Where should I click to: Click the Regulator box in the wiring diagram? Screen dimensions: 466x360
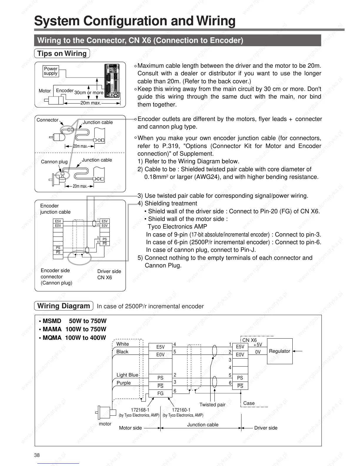(x=279, y=351)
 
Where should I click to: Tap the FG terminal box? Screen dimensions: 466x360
(x=160, y=393)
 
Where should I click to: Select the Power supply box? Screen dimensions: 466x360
(x=51, y=71)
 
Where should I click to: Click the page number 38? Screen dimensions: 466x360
(x=37, y=455)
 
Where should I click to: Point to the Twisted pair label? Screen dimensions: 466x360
(x=212, y=405)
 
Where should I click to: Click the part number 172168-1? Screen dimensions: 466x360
(x=140, y=410)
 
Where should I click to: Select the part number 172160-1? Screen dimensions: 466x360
(x=181, y=410)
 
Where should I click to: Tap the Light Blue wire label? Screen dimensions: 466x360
(x=127, y=375)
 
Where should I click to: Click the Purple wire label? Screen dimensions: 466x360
(x=124, y=383)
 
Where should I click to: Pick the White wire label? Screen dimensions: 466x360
(x=123, y=344)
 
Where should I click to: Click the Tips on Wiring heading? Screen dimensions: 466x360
(x=62, y=54)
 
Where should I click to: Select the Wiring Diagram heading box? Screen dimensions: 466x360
(x=64, y=306)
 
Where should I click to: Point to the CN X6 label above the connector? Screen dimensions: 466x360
(x=249, y=340)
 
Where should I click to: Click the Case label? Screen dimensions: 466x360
(x=249, y=403)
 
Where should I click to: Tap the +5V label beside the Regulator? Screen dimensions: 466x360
(x=258, y=345)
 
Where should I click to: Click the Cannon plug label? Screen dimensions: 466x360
(x=54, y=162)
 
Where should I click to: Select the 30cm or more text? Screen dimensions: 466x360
(x=89, y=92)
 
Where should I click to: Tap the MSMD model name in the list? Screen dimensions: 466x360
(x=52, y=321)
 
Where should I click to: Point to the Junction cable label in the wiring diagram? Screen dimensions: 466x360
(x=203, y=425)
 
